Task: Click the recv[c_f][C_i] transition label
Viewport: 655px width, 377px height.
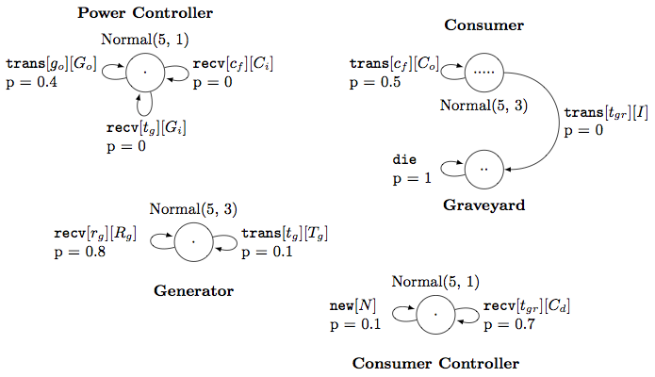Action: click(x=234, y=64)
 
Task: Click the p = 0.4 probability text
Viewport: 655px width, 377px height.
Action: click(x=30, y=83)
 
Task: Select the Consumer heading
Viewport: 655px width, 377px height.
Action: click(x=483, y=25)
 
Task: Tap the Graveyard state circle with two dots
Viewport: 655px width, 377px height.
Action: click(x=484, y=169)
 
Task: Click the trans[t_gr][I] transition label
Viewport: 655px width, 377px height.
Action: click(x=605, y=113)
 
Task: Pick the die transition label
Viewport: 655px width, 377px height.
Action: click(x=404, y=160)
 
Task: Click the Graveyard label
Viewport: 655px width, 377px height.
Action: click(x=483, y=204)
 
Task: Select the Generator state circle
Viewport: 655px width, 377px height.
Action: click(x=192, y=242)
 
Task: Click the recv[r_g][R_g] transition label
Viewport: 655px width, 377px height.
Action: click(x=95, y=234)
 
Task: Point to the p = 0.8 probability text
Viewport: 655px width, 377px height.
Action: click(x=80, y=253)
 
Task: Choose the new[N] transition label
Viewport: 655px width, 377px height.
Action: click(x=355, y=306)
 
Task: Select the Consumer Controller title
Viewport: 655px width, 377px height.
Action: click(x=434, y=363)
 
